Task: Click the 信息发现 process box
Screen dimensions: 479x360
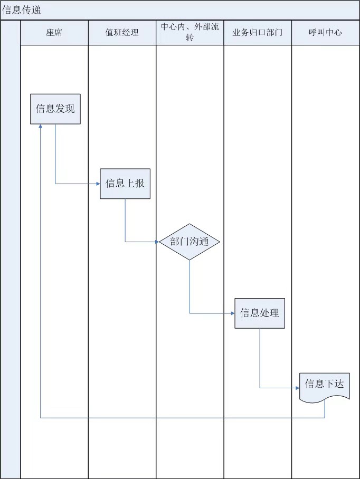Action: [x=55, y=109]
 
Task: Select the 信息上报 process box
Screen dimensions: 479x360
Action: [x=125, y=184]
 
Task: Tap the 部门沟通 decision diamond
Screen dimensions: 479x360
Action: [x=190, y=242]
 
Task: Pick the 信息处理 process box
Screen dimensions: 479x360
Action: [x=260, y=313]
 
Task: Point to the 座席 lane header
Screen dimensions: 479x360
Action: [x=54, y=33]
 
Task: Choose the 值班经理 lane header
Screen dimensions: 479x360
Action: [x=122, y=33]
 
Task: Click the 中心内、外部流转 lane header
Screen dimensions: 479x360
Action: [x=190, y=33]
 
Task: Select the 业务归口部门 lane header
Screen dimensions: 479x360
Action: [x=258, y=33]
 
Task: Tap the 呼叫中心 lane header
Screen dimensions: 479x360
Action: [x=325, y=33]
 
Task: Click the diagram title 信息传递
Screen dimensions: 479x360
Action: [x=22, y=10]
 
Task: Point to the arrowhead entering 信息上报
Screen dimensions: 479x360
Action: [x=98, y=184]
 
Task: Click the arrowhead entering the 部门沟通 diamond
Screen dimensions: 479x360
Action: [x=157, y=242]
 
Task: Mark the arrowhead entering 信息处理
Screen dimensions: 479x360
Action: [x=232, y=313]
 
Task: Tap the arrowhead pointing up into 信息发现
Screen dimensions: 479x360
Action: [x=41, y=127]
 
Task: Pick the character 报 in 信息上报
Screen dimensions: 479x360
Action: [x=139, y=184]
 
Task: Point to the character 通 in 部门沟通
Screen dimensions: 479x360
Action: [x=204, y=242]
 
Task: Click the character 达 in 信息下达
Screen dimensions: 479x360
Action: [x=339, y=384]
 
